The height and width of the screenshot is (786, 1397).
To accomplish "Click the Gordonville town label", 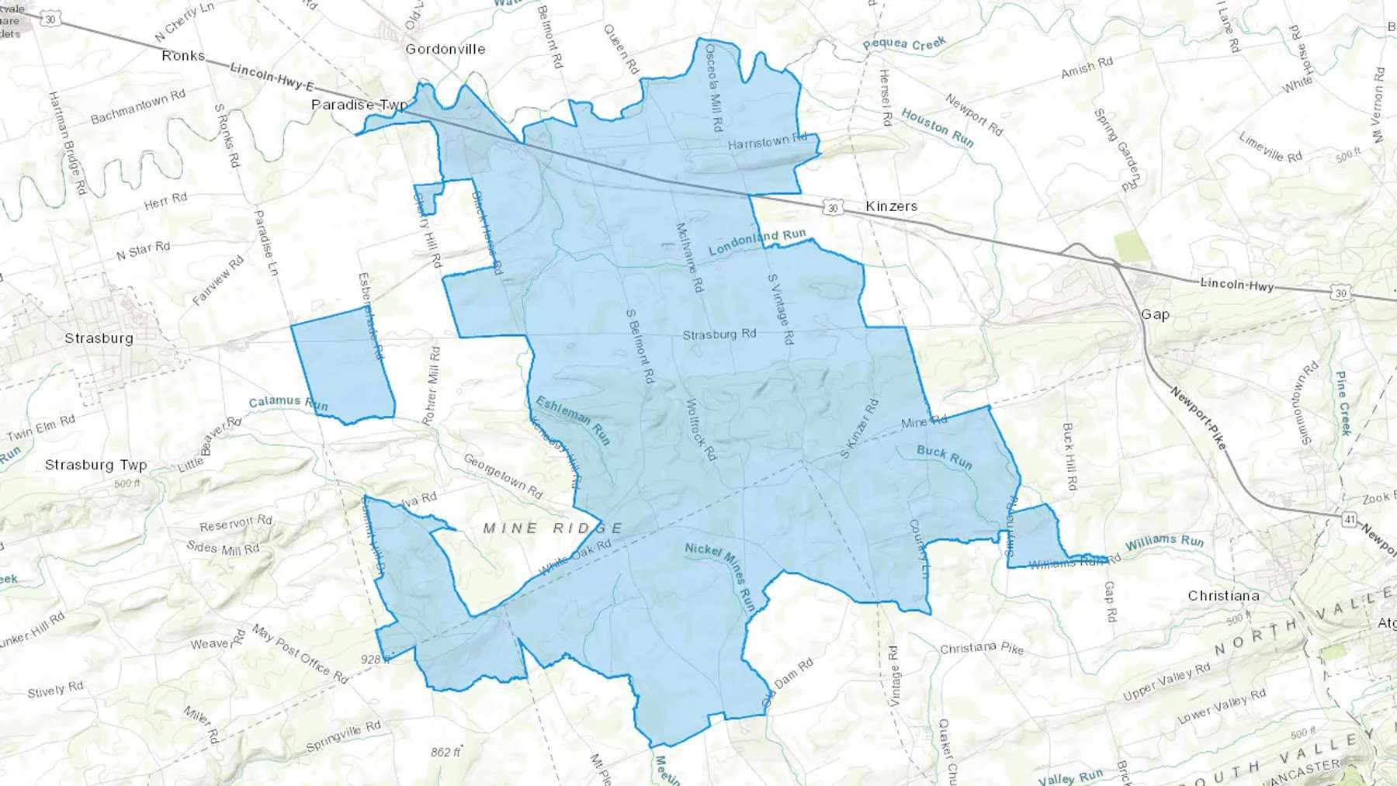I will pyautogui.click(x=445, y=49).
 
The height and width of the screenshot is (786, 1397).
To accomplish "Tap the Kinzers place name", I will pyautogui.click(x=891, y=206).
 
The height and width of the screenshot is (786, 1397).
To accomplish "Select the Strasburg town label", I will pyautogui.click(x=99, y=338).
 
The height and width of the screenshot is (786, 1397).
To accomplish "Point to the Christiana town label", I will pyautogui.click(x=1223, y=596).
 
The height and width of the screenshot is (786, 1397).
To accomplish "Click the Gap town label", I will pyautogui.click(x=1155, y=314).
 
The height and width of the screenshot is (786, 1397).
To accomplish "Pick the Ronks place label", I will pyautogui.click(x=183, y=56).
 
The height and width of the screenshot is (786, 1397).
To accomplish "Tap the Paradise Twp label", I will pyautogui.click(x=359, y=105).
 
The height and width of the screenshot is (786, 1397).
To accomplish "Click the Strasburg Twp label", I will pyautogui.click(x=95, y=465).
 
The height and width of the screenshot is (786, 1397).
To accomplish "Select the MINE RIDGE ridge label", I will pyautogui.click(x=553, y=528).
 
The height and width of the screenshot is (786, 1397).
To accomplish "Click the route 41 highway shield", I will pyautogui.click(x=1350, y=519).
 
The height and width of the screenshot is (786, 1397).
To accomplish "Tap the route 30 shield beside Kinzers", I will pyautogui.click(x=832, y=207).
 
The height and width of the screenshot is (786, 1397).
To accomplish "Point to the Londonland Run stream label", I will pyautogui.click(x=757, y=242).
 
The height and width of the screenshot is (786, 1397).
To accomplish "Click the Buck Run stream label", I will pyautogui.click(x=944, y=456).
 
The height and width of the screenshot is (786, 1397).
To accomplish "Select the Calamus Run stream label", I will pyautogui.click(x=288, y=403).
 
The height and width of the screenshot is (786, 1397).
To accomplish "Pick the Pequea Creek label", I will pyautogui.click(x=904, y=44).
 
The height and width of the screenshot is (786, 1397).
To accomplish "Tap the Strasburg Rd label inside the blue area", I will pyautogui.click(x=719, y=334).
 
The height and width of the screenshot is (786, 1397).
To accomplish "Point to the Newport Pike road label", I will pyautogui.click(x=1198, y=417).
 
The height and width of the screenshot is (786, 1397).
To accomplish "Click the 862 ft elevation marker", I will pyautogui.click(x=445, y=752).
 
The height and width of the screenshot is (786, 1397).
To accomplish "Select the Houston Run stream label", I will pyautogui.click(x=937, y=127).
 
